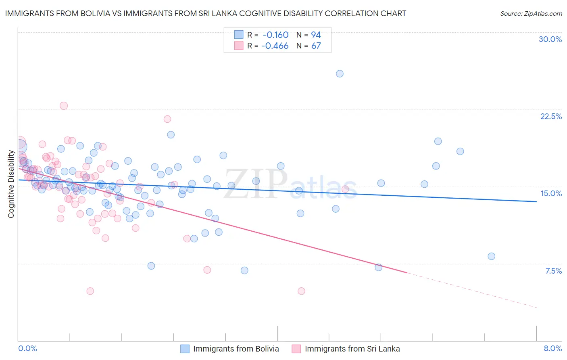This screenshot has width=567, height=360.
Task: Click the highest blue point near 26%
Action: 340,73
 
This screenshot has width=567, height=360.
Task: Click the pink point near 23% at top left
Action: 64,106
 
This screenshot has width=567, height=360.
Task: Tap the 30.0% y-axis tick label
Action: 550,39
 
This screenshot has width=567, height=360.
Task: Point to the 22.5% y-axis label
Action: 551,116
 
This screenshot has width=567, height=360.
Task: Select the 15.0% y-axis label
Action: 551,193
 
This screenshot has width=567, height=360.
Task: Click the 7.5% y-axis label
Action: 553,271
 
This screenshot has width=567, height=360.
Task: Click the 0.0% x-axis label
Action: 27,348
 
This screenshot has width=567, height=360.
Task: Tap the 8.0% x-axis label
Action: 552,348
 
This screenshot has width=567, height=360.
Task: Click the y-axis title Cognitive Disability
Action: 11,184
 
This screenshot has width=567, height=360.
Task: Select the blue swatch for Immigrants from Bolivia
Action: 185,349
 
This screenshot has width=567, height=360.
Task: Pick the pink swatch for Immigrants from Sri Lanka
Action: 296,349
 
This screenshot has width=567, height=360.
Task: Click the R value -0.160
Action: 275,35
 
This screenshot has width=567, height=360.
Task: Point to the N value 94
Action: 316,35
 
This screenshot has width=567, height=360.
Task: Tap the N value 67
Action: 316,46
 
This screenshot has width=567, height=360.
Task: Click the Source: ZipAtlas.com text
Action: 531,14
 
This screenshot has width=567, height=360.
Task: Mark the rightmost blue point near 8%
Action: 491,256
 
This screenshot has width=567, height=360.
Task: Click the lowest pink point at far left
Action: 90,291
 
